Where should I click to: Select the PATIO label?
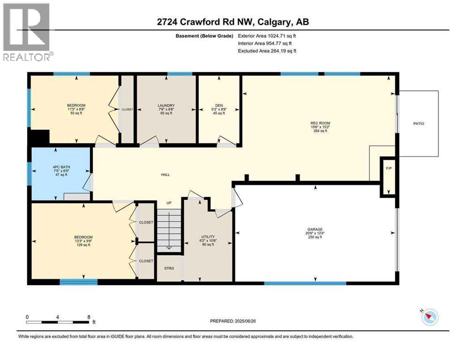pyautogui.click(x=418, y=124)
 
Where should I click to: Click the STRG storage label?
pyautogui.click(x=169, y=268)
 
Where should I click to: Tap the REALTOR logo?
pyautogui.click(x=27, y=32)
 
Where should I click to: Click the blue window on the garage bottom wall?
pyautogui.click(x=305, y=283)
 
